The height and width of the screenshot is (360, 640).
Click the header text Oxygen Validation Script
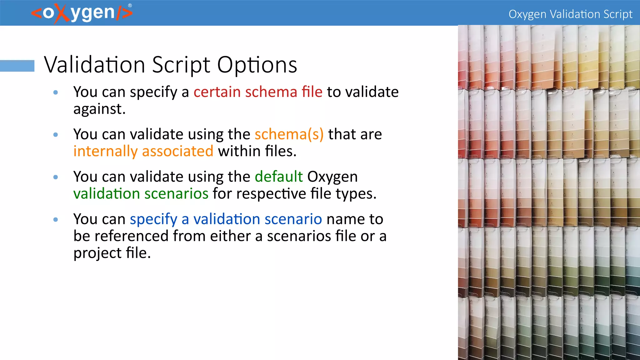570,14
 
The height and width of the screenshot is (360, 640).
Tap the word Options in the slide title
257,65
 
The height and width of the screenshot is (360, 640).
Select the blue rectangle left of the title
17,66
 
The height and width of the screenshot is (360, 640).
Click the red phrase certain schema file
258,92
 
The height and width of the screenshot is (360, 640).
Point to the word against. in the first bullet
99,109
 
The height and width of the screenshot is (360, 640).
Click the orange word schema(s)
289,134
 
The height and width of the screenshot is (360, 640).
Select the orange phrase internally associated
143,151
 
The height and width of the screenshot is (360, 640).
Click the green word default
279,177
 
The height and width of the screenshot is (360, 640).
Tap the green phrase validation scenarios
141,193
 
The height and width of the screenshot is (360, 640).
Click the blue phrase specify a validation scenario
226,219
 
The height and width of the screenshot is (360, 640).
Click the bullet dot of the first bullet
56,92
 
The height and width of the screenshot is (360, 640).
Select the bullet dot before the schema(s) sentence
56,135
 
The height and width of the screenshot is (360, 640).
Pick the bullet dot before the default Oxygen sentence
56,177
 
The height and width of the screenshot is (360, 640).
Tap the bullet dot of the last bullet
56,219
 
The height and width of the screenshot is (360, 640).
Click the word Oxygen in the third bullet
332,177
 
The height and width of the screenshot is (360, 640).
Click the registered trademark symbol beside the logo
130,5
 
